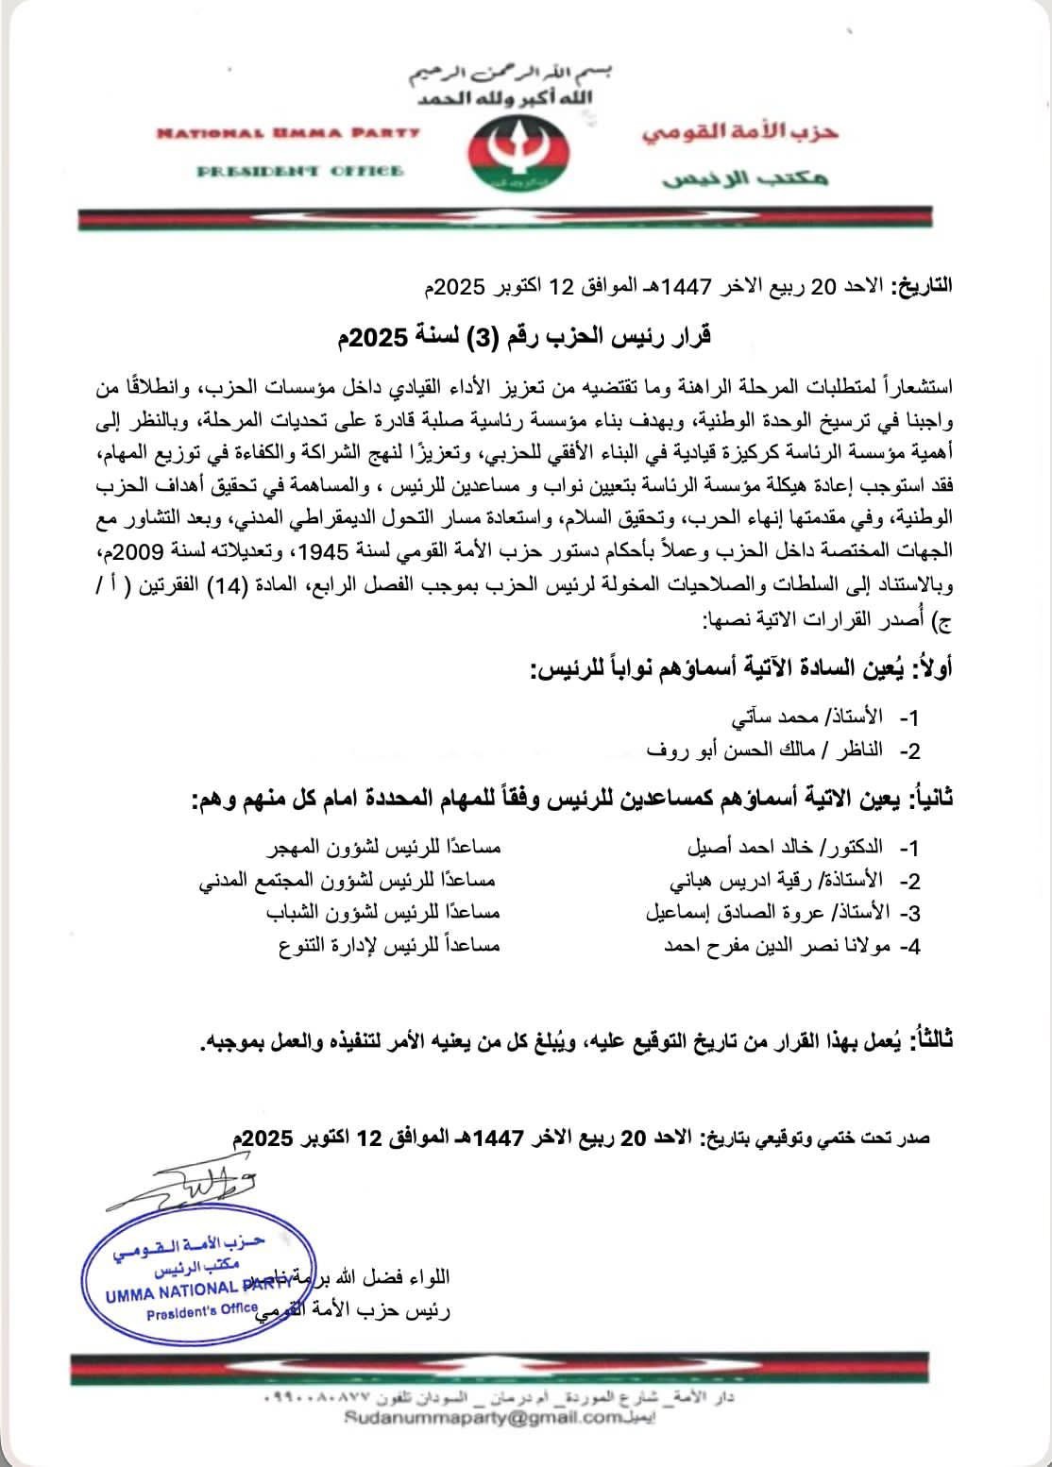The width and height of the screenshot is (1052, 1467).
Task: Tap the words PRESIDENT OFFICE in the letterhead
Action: tap(300, 171)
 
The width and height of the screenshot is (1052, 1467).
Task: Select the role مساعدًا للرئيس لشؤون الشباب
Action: tap(376, 913)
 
